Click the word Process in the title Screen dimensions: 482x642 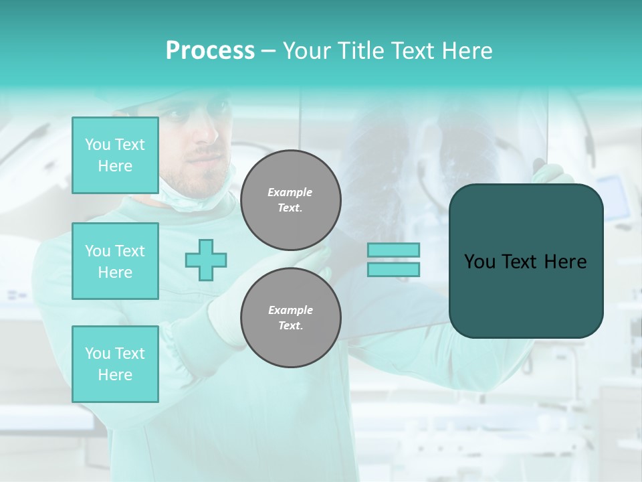pyautogui.click(x=210, y=51)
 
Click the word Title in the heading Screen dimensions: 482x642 pyautogui.click(x=361, y=51)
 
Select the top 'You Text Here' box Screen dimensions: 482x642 pyautogui.click(x=115, y=155)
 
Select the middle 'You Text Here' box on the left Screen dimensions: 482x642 pyautogui.click(x=115, y=261)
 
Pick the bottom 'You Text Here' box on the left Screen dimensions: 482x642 pyautogui.click(x=115, y=364)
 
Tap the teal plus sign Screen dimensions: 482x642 pyautogui.click(x=206, y=260)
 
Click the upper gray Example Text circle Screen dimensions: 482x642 pyautogui.click(x=291, y=199)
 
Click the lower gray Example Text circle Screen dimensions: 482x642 pyautogui.click(x=291, y=317)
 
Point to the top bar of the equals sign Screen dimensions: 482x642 pyautogui.click(x=393, y=250)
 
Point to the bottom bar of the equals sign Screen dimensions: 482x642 pyautogui.click(x=393, y=269)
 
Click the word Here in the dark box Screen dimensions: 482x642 pyautogui.click(x=566, y=262)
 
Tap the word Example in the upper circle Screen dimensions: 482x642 pyautogui.click(x=290, y=192)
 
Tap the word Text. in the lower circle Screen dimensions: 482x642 pyautogui.click(x=290, y=325)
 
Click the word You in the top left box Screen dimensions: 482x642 pyautogui.click(x=98, y=145)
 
